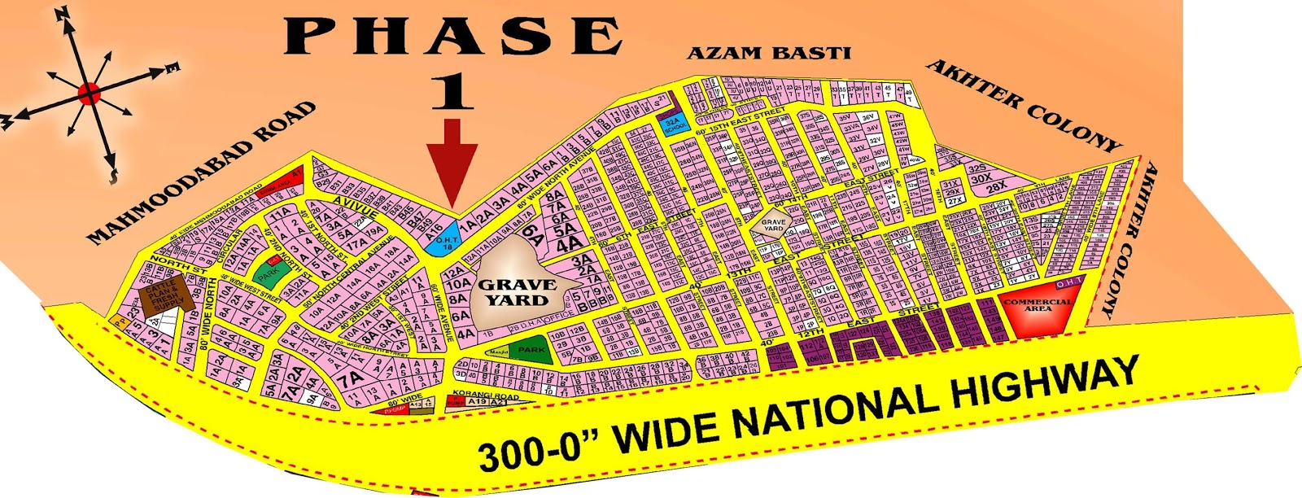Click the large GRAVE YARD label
[518, 291]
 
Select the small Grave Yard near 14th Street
[773, 222]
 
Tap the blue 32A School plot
[675, 124]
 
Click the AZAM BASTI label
[768, 54]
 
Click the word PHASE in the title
[452, 37]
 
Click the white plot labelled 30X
[981, 178]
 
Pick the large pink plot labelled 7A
[349, 379]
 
